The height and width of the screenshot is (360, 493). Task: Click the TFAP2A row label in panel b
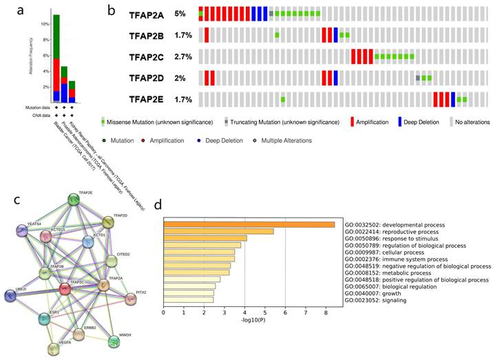[147, 14]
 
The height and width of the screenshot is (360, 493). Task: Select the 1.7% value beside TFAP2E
[183, 99]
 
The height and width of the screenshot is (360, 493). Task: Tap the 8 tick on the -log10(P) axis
[326, 313]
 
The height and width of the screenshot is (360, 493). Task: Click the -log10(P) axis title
[244, 323]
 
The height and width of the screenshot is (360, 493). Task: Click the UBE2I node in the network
[11, 296]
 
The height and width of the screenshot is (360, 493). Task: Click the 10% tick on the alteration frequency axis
[47, 23]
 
